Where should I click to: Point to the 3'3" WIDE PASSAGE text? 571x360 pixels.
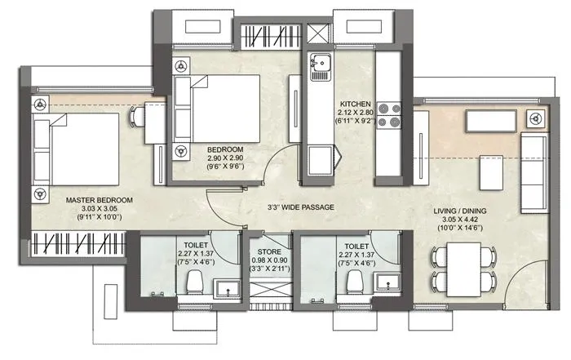click(301, 207)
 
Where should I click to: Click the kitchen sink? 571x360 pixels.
click(317, 62)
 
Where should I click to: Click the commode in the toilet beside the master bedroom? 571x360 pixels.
click(193, 282)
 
